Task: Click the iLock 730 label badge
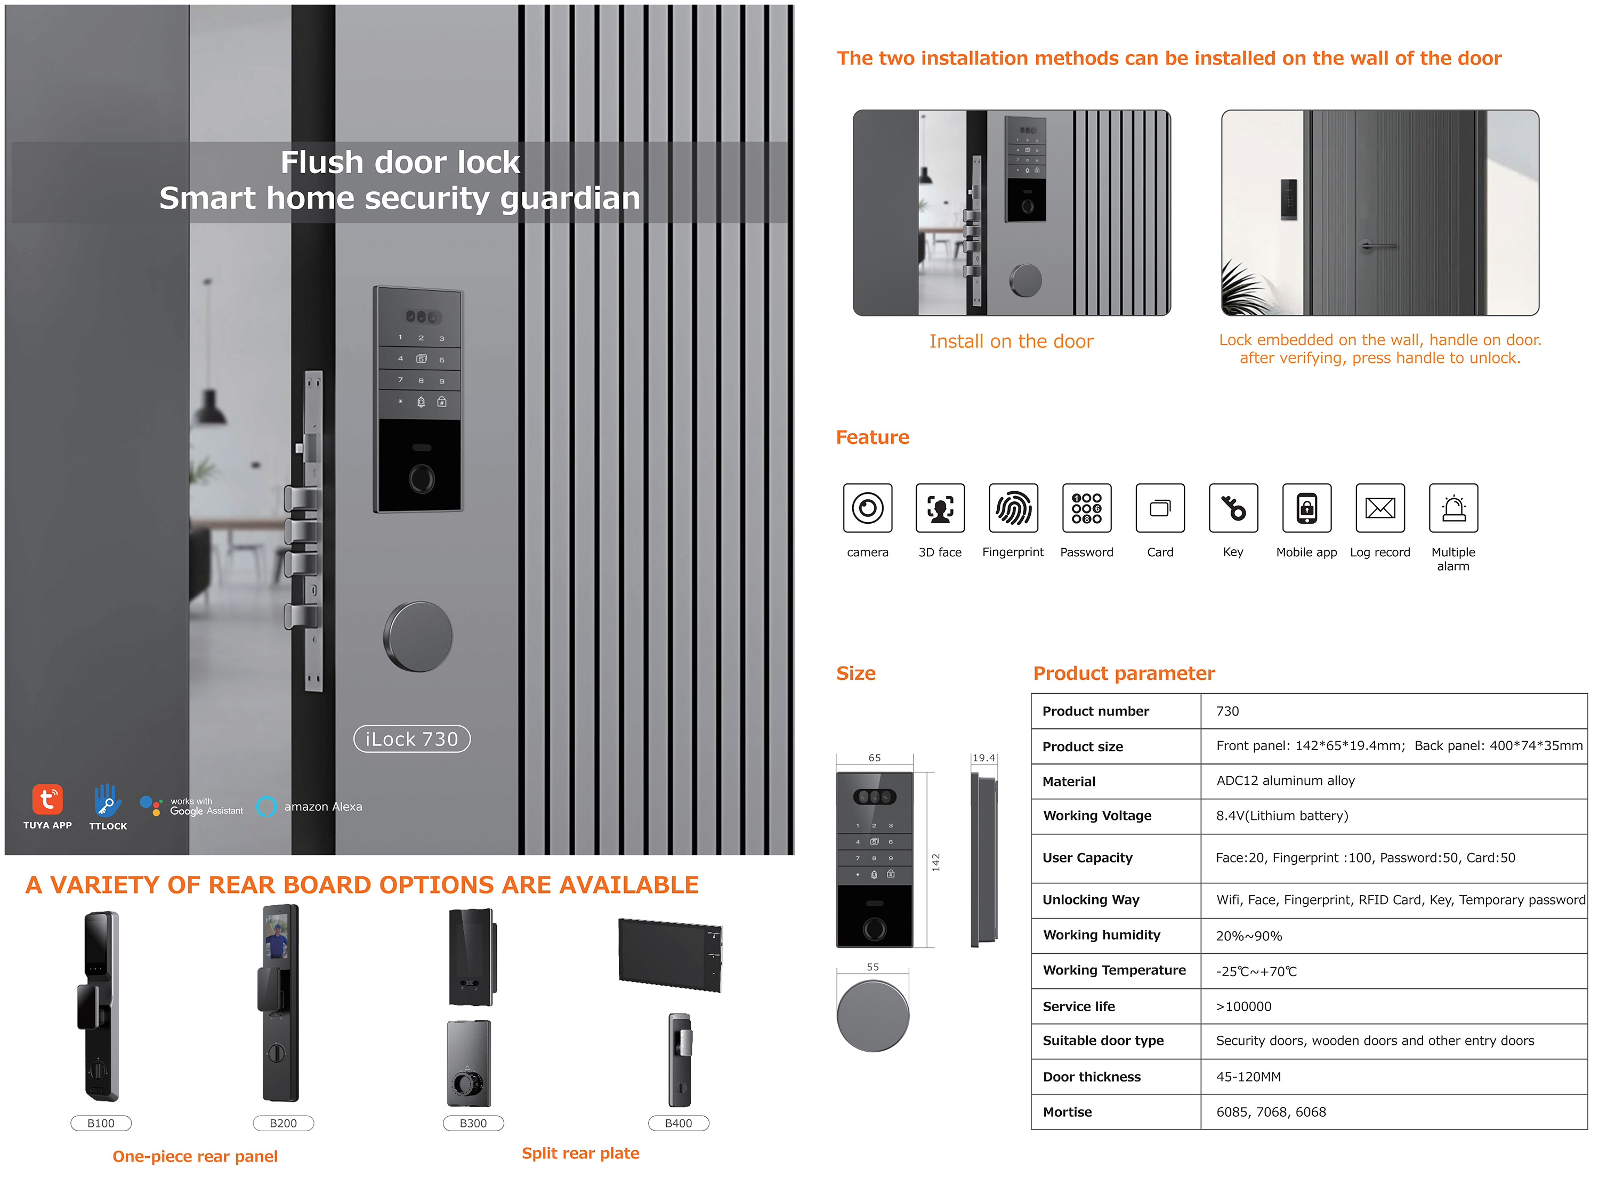(x=411, y=738)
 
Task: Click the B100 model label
(x=101, y=1123)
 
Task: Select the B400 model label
(x=678, y=1123)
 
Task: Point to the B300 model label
(x=473, y=1123)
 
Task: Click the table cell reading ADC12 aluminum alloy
(x=1285, y=781)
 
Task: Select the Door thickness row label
(x=1092, y=1077)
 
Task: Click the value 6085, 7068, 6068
(x=1271, y=1111)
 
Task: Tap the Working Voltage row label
(x=1096, y=815)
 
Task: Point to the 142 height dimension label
(x=935, y=862)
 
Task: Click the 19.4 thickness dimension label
(x=983, y=758)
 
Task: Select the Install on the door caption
(x=1011, y=341)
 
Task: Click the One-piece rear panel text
(x=195, y=1156)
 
